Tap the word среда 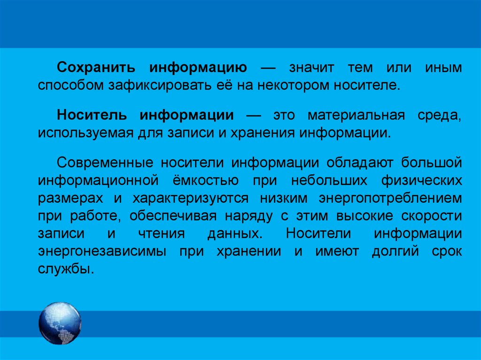[439, 115]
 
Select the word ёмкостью [209, 180]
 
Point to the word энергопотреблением [391, 198]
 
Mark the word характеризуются [190, 198]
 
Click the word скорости [432, 216]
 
